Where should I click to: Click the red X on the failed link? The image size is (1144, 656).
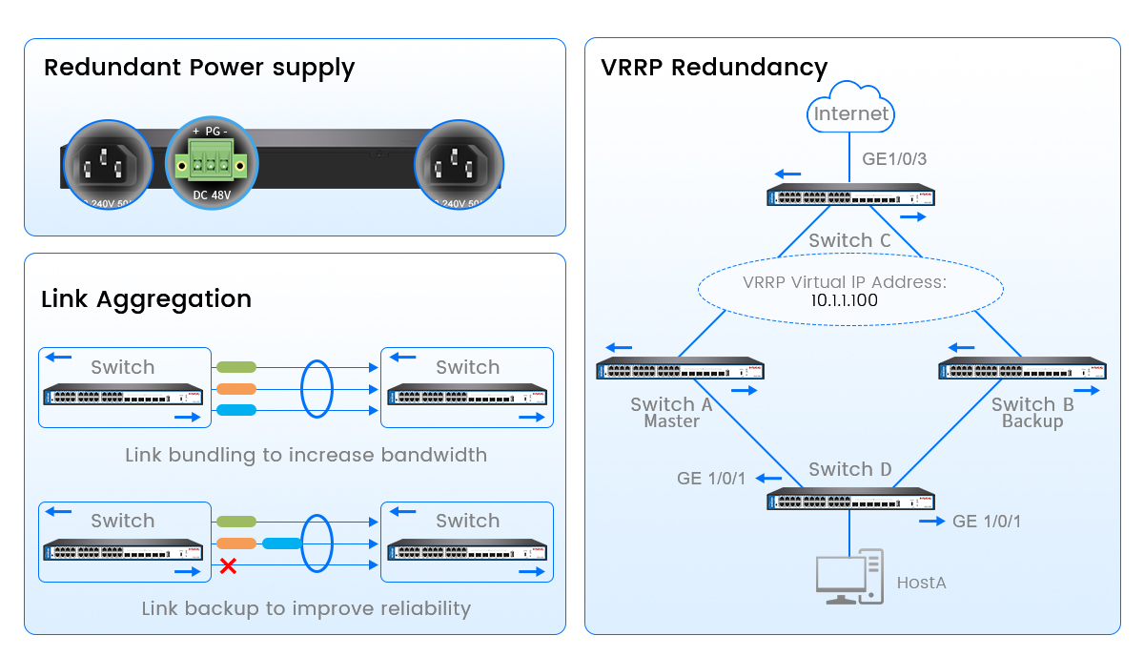point(228,566)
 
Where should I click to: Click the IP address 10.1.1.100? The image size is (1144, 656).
point(844,300)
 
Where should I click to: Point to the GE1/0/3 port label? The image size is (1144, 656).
point(894,159)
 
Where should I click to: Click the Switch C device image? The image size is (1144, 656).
point(850,197)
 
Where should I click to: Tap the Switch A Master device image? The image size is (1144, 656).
point(680,370)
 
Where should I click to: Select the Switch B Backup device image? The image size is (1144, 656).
point(1022,370)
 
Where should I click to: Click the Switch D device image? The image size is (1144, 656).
point(850,500)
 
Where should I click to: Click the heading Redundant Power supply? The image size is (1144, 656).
point(199,68)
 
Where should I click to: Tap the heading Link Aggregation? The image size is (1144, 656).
point(146,298)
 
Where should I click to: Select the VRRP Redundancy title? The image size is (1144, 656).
point(714,68)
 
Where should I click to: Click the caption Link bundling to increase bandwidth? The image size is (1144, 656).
point(306,455)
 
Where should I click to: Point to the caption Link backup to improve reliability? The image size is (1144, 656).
point(306,608)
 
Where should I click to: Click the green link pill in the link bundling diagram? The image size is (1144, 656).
point(236,367)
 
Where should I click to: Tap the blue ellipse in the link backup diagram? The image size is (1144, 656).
point(316,543)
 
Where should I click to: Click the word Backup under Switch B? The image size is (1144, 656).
point(1032,420)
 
